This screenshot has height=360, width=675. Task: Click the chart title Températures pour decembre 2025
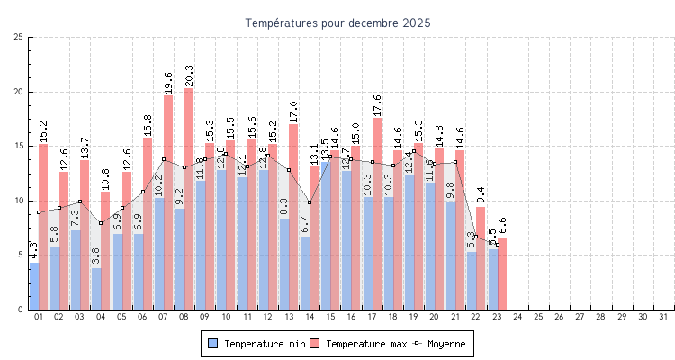337,22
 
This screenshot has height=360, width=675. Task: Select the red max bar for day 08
189,198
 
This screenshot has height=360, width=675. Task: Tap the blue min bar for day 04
96,289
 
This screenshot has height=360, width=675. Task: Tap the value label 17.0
293,112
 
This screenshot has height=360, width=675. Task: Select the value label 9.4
481,195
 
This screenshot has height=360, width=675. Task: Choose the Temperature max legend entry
357,344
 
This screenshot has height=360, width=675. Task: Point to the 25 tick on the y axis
19,37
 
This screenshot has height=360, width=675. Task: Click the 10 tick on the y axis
19,201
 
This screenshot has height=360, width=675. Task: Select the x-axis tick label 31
664,317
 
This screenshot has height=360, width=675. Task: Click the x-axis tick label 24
518,317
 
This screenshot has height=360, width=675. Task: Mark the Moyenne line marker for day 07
164,159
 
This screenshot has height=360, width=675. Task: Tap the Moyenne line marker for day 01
39,212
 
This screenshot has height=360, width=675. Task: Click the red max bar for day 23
502,274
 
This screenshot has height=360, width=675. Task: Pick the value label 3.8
96,256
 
